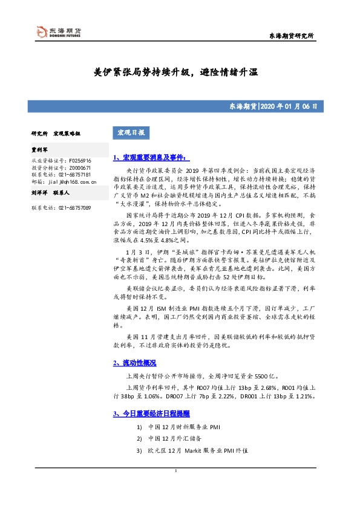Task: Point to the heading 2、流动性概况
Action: tap(134, 363)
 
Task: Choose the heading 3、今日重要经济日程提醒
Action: tap(151, 413)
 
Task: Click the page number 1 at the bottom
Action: tap(175, 471)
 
